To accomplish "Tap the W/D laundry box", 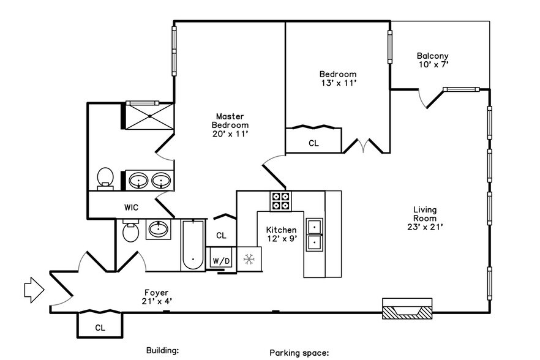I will point(221,260).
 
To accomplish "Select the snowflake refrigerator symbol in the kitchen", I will point(249,259).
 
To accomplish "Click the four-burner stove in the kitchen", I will point(281,201).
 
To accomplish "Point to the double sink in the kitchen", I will point(315,234).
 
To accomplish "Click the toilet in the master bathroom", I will point(106,178).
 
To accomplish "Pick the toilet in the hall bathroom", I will point(130,233).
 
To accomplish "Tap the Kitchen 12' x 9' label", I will point(281,234).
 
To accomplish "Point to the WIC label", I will point(131,208).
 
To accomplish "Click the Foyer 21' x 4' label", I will point(156,296).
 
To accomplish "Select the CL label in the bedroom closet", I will point(313,143).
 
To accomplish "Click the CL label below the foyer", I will point(100,328).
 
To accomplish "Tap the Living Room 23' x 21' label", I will point(424,218).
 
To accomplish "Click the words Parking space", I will point(299,353).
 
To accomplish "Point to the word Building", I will point(162,351).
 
